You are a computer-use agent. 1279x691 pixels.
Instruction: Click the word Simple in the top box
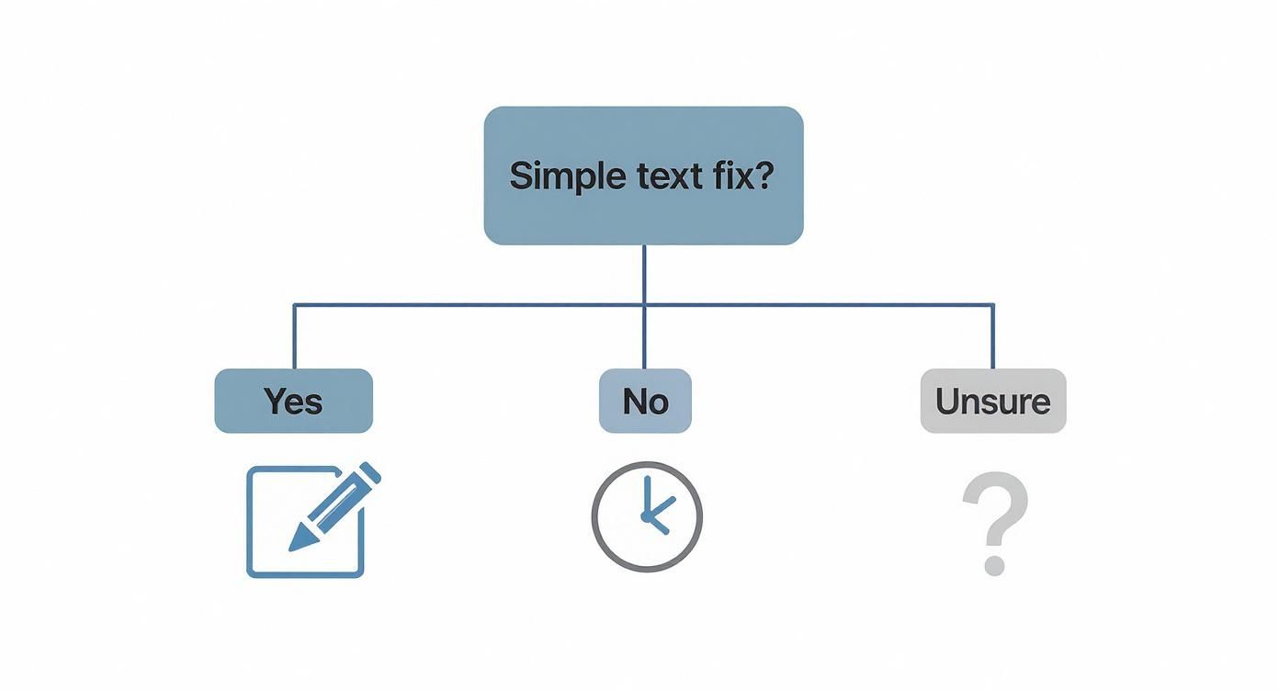pos(560,176)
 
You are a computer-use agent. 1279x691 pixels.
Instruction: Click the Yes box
pos(293,401)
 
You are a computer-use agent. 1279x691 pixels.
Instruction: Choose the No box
pos(645,401)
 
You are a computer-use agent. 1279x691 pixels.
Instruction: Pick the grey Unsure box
pos(992,401)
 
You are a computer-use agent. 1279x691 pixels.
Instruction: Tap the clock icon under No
pos(646,516)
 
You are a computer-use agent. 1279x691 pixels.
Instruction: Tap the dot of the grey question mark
pos(993,563)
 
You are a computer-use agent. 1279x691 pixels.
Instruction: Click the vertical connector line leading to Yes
pos(294,336)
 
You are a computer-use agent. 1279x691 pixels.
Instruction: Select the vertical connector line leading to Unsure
pos(993,336)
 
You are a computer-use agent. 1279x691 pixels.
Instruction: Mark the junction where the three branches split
pos(644,304)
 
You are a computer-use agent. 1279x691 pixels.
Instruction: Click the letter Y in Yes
pos(274,401)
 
